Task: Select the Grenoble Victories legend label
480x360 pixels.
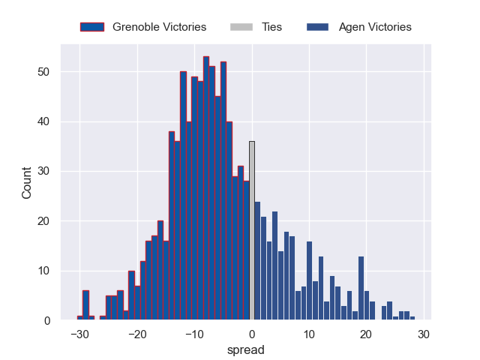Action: [159, 27]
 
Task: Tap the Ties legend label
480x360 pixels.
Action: [271, 27]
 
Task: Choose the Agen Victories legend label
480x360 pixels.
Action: [375, 27]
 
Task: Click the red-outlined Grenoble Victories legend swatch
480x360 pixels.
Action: [92, 27]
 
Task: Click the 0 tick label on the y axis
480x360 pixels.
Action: [47, 321]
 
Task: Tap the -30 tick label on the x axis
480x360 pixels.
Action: [79, 335]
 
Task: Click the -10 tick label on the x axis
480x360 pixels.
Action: [193, 335]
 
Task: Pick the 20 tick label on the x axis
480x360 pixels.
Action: [366, 335]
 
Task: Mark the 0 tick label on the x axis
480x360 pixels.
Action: [251, 335]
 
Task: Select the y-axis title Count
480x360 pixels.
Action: [27, 183]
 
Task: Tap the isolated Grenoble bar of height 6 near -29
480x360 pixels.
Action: [85, 306]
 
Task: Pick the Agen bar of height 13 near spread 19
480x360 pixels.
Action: [361, 289]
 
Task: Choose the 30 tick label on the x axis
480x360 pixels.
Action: [424, 335]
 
